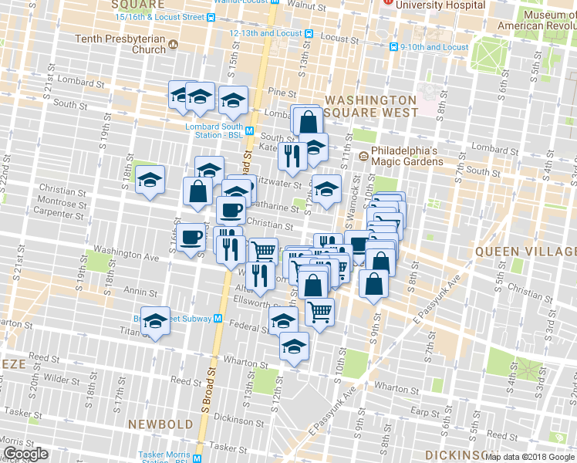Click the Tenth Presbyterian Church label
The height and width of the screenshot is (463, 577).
tap(120, 44)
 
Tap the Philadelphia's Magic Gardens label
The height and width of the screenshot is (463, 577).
tap(406, 156)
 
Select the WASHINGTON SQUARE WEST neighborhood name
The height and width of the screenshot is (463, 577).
tap(371, 106)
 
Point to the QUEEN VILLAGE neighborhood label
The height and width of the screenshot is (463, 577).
tap(525, 252)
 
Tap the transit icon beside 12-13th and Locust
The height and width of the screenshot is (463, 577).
tap(309, 34)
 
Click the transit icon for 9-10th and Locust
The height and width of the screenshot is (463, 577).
tap(393, 47)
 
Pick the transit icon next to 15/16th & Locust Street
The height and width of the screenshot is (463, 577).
tap(211, 16)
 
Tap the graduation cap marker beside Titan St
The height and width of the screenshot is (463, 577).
tap(155, 323)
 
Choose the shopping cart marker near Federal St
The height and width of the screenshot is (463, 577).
tap(319, 312)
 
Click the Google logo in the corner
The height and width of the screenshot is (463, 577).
tap(25, 454)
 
